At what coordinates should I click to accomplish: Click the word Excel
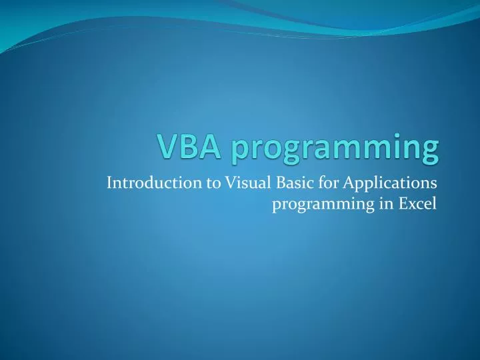419,203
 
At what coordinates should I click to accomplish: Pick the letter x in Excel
413,204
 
